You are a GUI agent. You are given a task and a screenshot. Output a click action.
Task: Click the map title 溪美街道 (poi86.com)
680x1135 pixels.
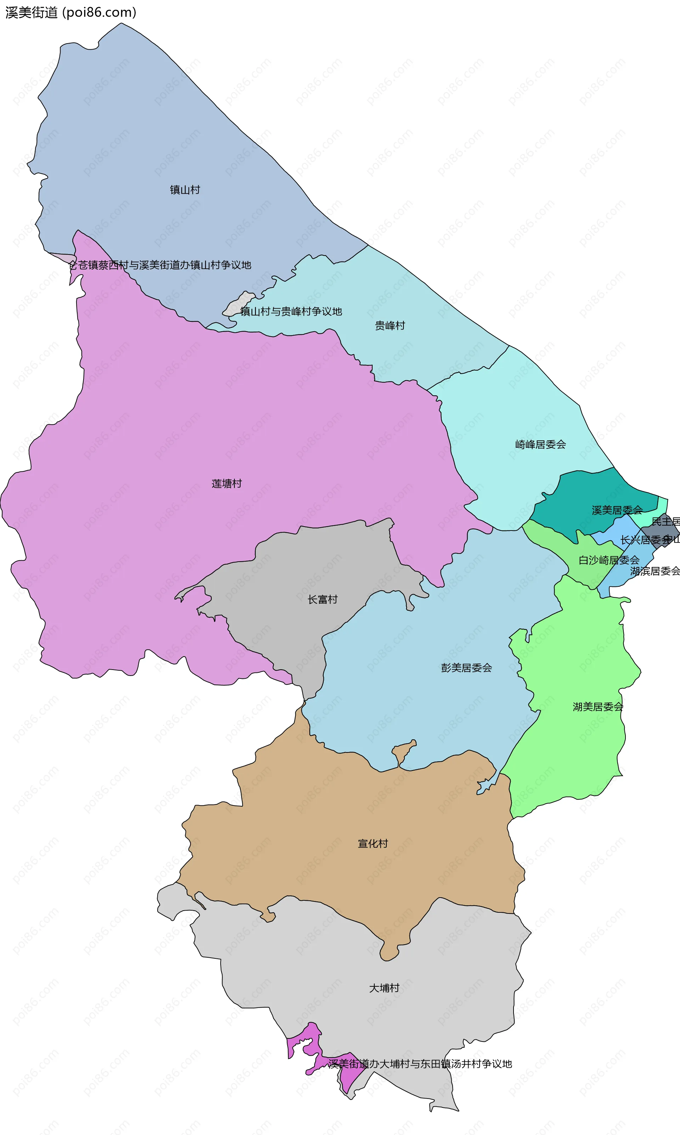click(71, 12)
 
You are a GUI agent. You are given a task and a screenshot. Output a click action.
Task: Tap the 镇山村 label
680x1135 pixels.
click(185, 190)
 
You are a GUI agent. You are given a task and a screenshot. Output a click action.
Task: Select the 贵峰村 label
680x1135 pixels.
click(390, 326)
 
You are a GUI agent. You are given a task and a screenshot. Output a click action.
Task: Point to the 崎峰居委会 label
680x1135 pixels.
click(540, 444)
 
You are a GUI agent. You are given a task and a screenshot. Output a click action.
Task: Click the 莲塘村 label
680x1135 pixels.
click(226, 483)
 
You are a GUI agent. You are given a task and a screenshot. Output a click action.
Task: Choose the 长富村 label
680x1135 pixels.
click(323, 599)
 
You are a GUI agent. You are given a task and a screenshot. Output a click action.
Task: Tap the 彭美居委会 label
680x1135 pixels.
click(466, 667)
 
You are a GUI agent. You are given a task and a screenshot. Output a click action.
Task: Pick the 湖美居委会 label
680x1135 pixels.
click(598, 706)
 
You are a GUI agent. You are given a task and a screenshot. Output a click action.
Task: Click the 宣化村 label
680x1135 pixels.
click(373, 843)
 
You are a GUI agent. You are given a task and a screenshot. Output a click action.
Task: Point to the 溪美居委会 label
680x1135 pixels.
click(617, 510)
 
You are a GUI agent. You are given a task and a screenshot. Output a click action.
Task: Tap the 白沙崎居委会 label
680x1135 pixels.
click(608, 560)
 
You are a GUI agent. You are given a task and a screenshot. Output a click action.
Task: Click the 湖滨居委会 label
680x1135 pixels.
click(655, 571)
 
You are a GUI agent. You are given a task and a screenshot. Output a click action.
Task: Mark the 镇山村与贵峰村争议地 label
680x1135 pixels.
click(291, 311)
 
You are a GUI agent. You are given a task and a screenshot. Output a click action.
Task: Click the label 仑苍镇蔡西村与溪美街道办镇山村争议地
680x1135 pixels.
click(160, 265)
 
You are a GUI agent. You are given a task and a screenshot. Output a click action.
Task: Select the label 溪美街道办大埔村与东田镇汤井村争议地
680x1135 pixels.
click(420, 1064)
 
